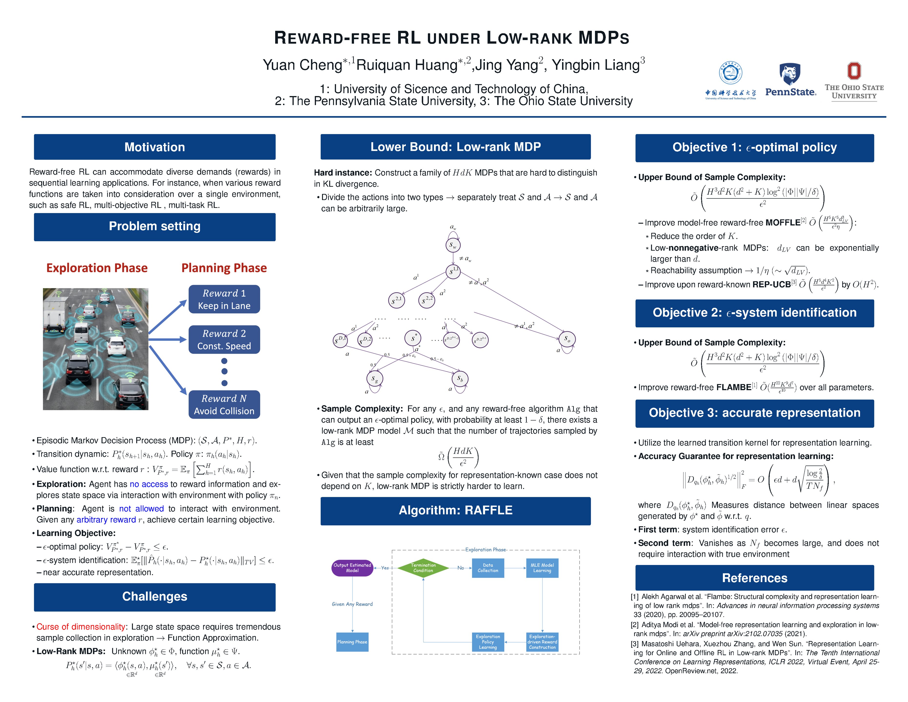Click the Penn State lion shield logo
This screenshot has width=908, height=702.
point(789,74)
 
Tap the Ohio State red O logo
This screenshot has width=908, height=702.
point(854,71)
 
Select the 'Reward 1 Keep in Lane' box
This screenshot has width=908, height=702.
point(224,299)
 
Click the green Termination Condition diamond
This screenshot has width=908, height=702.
point(423,568)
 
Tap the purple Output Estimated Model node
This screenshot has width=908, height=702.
point(352,568)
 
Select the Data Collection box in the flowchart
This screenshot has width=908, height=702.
point(488,568)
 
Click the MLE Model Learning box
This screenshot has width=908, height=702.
point(542,568)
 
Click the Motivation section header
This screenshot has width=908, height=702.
point(155,147)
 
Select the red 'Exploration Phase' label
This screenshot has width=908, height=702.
point(97,268)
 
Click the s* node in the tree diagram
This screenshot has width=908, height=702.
point(413,338)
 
